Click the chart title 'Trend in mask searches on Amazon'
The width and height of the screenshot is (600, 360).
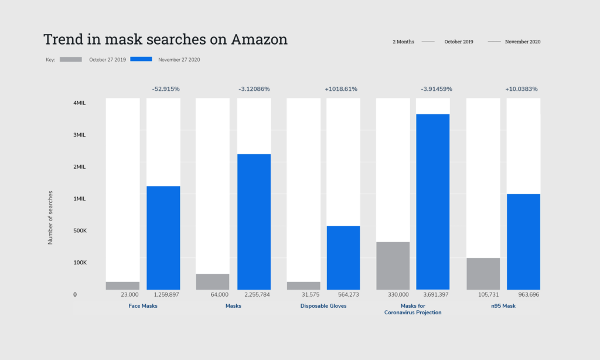click(165, 40)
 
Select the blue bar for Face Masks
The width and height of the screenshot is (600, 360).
click(163, 237)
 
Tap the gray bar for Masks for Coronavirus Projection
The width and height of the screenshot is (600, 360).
click(393, 266)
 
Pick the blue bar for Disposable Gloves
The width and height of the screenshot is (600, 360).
click(343, 257)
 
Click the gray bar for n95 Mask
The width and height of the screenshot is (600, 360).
click(483, 273)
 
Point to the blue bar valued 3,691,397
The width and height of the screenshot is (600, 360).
click(432, 201)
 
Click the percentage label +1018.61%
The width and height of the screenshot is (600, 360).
click(340, 89)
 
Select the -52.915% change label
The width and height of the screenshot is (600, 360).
click(166, 89)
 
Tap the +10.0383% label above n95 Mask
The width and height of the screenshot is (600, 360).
click(521, 89)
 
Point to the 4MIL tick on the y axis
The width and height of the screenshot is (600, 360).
click(80, 103)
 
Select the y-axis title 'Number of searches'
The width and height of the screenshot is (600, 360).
click(50, 218)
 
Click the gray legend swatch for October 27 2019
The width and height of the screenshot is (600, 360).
click(71, 59)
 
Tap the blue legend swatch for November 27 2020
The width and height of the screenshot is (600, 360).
click(141, 59)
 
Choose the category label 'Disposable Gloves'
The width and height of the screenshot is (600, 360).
click(323, 306)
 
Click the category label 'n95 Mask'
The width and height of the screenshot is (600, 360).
click(503, 306)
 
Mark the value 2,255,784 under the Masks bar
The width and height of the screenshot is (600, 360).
click(253, 295)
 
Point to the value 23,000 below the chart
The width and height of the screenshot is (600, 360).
click(129, 295)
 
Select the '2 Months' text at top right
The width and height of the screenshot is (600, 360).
click(403, 42)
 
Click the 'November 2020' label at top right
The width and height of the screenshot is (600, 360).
click(523, 42)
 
